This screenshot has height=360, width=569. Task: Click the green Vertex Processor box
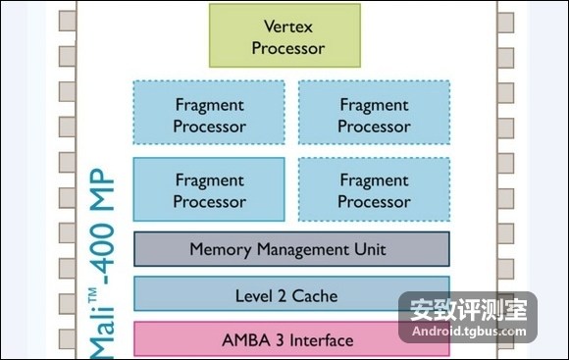pyautogui.click(x=284, y=35)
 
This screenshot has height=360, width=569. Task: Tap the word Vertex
pyautogui.click(x=288, y=26)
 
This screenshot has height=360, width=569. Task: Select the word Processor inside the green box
pyautogui.click(x=288, y=48)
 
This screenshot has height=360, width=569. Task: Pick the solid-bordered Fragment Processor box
pyautogui.click(x=209, y=189)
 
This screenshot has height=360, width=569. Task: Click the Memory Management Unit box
pyautogui.click(x=291, y=249)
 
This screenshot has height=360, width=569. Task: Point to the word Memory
pyautogui.click(x=221, y=250)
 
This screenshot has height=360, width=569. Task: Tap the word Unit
pyautogui.click(x=370, y=249)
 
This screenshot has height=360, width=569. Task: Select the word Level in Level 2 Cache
pyautogui.click(x=254, y=296)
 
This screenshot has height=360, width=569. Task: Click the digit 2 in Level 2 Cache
pyautogui.click(x=282, y=296)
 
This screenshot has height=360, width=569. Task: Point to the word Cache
pyautogui.click(x=315, y=296)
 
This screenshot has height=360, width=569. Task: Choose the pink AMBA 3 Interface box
pyautogui.click(x=291, y=339)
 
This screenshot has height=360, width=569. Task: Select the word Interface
pyautogui.click(x=321, y=340)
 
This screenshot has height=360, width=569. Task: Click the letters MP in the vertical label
pyautogui.click(x=102, y=189)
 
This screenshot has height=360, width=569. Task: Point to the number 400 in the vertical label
pyautogui.click(x=102, y=249)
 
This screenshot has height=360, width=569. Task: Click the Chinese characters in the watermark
pyautogui.click(x=468, y=310)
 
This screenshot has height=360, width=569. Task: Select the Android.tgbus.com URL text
pyautogui.click(x=469, y=331)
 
